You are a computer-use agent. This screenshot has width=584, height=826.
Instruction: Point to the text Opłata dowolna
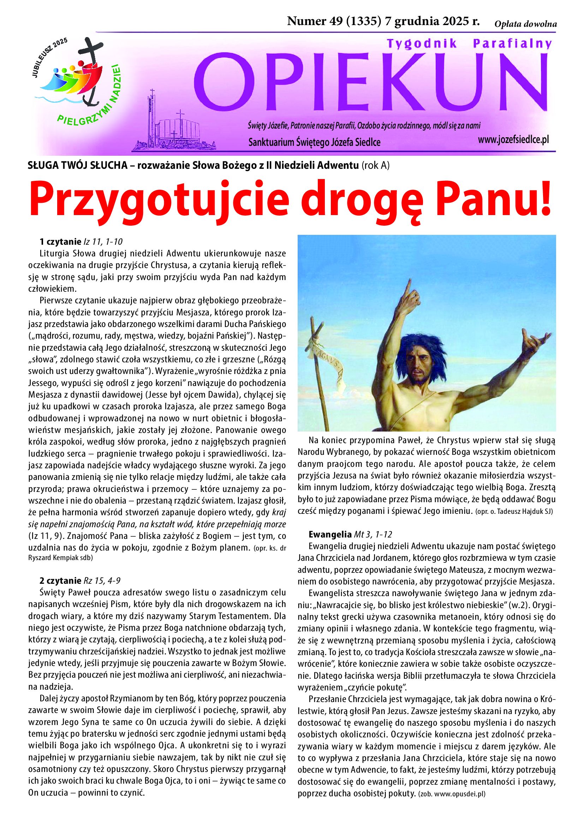[525, 24]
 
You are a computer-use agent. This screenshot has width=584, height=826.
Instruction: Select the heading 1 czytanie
[61, 242]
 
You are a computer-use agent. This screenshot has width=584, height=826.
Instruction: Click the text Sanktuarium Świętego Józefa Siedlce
[314, 143]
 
